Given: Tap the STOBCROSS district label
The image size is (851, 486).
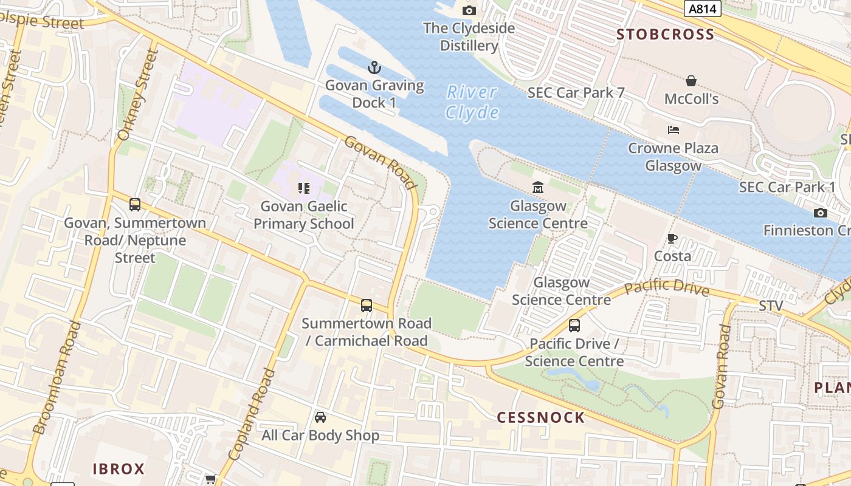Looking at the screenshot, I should [x=666, y=35].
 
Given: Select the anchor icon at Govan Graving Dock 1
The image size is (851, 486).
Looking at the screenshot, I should [x=374, y=67].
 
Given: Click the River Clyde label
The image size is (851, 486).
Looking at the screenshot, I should [x=472, y=102].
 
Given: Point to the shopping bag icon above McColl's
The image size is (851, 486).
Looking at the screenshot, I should [x=691, y=81].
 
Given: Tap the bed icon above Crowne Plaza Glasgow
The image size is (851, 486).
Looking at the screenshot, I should [x=673, y=130].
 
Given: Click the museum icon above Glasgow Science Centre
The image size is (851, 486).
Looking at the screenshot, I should [x=538, y=187].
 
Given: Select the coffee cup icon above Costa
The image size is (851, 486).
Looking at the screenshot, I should [x=672, y=238].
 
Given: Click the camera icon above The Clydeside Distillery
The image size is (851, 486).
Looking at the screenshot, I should [x=469, y=10].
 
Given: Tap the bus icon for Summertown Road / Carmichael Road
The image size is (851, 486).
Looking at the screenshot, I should [x=366, y=305].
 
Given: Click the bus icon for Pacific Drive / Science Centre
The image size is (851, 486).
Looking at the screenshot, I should [x=574, y=326].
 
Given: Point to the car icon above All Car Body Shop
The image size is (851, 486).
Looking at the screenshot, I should [x=320, y=417].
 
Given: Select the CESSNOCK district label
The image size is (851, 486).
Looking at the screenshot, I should [x=541, y=417].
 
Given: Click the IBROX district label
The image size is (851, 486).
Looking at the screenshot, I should [x=119, y=469].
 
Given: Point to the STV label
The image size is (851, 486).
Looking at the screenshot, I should [x=771, y=305].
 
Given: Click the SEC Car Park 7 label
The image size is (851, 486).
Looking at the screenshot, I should [x=576, y=93].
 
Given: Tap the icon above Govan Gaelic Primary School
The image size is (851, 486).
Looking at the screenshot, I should [x=304, y=188].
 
